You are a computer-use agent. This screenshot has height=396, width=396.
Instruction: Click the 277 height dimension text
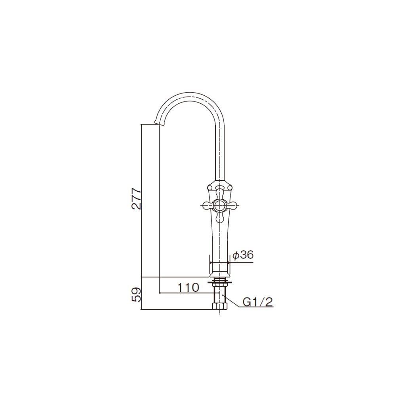[x=136, y=198]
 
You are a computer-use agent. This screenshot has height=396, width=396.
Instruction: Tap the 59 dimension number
[x=136, y=295]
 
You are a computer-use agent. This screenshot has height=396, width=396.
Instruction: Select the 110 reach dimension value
[x=188, y=288]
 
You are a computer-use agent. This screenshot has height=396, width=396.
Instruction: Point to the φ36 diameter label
[x=242, y=255]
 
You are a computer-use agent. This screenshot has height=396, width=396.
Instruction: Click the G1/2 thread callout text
[x=257, y=302]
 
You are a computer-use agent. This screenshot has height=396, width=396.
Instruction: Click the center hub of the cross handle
[x=219, y=205]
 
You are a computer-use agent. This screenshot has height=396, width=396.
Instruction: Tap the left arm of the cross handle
[x=207, y=205]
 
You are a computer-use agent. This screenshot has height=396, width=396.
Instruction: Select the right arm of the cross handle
[x=231, y=205]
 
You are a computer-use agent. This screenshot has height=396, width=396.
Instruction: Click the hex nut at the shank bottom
[x=219, y=307]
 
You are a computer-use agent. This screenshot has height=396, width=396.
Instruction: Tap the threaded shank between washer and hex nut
[x=219, y=294]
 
